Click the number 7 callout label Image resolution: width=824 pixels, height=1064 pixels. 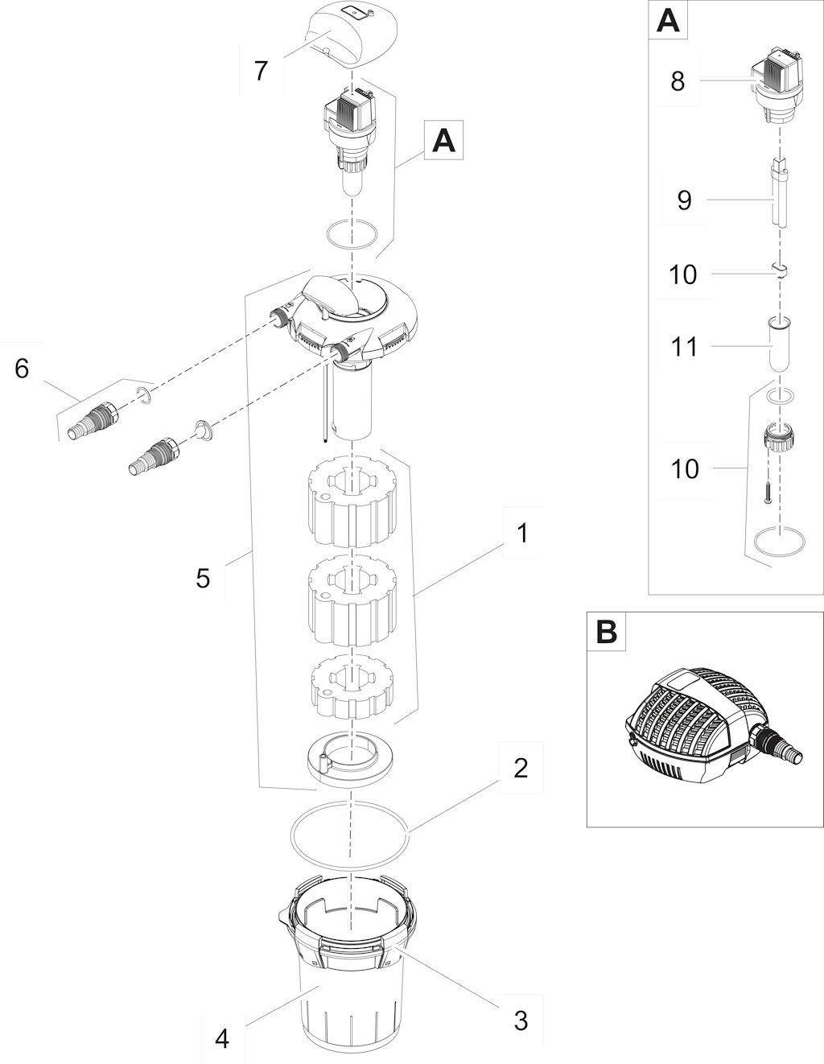point(262,71)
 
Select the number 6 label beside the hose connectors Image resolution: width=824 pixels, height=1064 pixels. point(22,368)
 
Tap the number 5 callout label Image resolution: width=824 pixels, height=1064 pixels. point(203,578)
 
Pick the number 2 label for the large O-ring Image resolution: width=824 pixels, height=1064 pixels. point(521,769)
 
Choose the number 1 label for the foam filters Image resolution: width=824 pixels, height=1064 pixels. point(522,534)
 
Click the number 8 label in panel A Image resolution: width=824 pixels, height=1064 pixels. point(678,80)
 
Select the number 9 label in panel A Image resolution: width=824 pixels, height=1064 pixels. point(685,200)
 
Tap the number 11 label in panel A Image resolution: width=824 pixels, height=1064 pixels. point(683,347)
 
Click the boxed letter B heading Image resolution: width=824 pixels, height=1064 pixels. point(607,632)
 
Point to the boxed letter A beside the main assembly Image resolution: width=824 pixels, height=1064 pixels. point(444,141)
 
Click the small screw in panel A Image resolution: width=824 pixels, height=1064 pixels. point(767,493)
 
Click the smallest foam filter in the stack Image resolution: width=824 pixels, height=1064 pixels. point(352,687)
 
